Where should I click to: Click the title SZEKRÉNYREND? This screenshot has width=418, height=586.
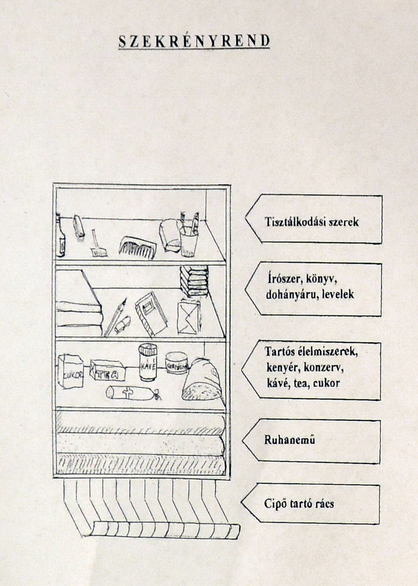click(x=194, y=42)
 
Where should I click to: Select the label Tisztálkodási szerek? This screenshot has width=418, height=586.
click(x=311, y=222)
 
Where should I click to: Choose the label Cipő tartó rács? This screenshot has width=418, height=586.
click(x=299, y=504)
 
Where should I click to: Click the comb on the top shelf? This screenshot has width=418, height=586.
click(x=138, y=246)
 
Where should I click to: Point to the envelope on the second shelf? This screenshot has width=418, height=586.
click(x=189, y=317)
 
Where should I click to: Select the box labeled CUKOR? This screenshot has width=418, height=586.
click(x=70, y=371)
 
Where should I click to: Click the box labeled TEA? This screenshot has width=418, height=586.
click(x=107, y=371)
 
